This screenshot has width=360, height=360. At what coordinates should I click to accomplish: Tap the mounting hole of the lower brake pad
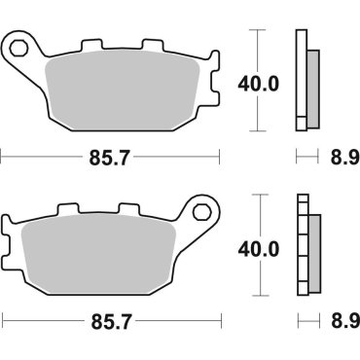click(203, 210)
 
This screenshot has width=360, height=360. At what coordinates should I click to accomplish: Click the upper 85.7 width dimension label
click(110, 156)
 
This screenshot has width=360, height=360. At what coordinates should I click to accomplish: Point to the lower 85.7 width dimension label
click(110, 319)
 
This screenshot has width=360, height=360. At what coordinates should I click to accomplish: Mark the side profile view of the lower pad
click(306, 248)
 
